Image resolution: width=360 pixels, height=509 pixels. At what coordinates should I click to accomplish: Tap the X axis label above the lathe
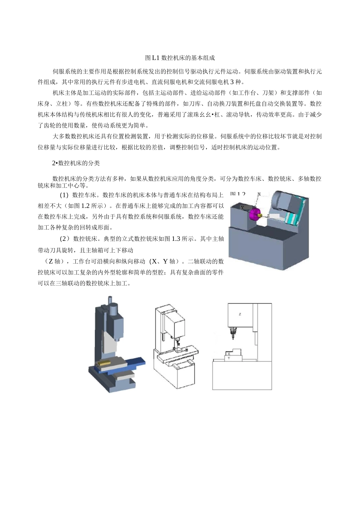pyautogui.click(x=259, y=194)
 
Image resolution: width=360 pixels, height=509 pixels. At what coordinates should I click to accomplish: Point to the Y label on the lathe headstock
pyautogui.click(x=242, y=208)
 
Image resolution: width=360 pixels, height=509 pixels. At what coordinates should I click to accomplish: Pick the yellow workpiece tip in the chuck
pyautogui.click(x=260, y=216)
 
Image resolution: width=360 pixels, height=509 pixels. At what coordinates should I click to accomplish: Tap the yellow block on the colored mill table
pyautogui.click(x=103, y=363)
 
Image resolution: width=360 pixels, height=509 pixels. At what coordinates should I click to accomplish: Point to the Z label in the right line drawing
pyautogui.click(x=240, y=314)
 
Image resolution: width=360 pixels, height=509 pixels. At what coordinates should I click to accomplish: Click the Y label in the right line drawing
pyautogui.click(x=229, y=358)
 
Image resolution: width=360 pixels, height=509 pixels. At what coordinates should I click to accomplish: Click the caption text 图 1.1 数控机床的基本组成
pyautogui.click(x=180, y=58)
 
